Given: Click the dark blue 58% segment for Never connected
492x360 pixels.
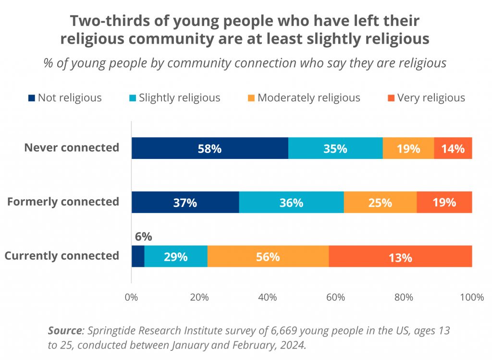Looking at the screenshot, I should pyautogui.click(x=209, y=148).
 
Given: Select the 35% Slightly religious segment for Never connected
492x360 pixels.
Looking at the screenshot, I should pyautogui.click(x=335, y=148).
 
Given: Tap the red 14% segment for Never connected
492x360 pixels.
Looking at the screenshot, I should pyautogui.click(x=453, y=148).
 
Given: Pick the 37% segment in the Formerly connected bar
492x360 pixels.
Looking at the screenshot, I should pyautogui.click(x=185, y=203).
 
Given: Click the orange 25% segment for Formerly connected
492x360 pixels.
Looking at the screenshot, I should pyautogui.click(x=380, y=203).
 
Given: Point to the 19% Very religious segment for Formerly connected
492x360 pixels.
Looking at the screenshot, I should pyautogui.click(x=444, y=203).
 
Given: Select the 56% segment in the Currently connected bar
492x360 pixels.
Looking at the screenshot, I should pyautogui.click(x=268, y=257).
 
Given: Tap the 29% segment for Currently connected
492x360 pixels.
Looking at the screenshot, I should pyautogui.click(x=175, y=257).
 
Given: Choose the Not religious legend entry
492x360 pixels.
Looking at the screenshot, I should pyautogui.click(x=65, y=98).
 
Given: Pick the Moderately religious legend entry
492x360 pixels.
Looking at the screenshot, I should pyautogui.click(x=304, y=98).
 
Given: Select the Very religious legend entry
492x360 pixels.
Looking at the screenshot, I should pyautogui.click(x=426, y=98).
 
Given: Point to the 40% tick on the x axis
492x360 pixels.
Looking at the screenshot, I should pyautogui.click(x=268, y=297).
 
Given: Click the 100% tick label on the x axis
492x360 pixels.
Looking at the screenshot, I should pyautogui.click(x=471, y=297).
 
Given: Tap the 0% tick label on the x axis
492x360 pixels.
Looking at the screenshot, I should pyautogui.click(x=131, y=297).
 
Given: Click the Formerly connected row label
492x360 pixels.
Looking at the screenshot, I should pyautogui.click(x=63, y=202).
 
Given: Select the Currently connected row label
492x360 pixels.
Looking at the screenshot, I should pyautogui.click(x=61, y=256).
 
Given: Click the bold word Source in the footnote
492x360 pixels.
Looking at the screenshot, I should pyautogui.click(x=64, y=331).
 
